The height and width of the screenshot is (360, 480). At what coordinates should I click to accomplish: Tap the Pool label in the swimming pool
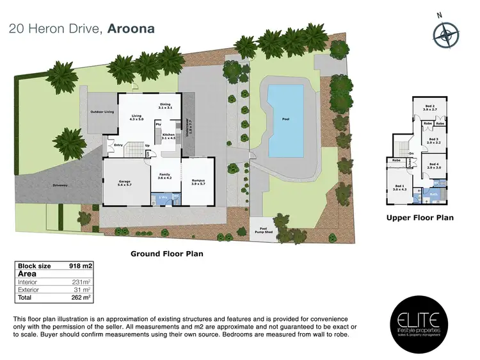click(285, 119)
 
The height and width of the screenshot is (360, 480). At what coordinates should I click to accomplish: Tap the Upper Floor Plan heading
click(420, 218)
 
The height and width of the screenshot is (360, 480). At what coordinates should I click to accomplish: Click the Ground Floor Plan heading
click(166, 254)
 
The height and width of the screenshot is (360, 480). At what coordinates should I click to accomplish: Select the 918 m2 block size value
click(81, 265)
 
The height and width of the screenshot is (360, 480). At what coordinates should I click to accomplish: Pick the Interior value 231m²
click(81, 281)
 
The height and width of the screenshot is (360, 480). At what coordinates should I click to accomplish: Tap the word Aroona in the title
click(131, 29)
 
